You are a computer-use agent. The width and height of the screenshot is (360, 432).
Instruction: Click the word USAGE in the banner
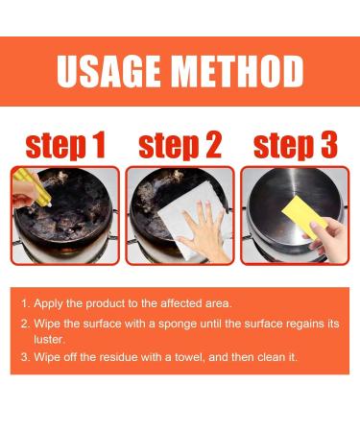(108, 71)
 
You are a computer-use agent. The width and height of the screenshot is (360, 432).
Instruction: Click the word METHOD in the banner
(238, 71)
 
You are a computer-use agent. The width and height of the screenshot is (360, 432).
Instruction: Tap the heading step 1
(65, 145)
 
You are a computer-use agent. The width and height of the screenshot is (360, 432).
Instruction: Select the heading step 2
(180, 145)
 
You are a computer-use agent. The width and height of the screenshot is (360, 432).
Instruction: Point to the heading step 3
(296, 145)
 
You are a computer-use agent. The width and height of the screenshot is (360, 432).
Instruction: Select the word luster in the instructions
(49, 339)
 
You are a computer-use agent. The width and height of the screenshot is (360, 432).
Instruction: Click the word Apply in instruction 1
(48, 303)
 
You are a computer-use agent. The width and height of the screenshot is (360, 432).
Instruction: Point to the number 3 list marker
(25, 357)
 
